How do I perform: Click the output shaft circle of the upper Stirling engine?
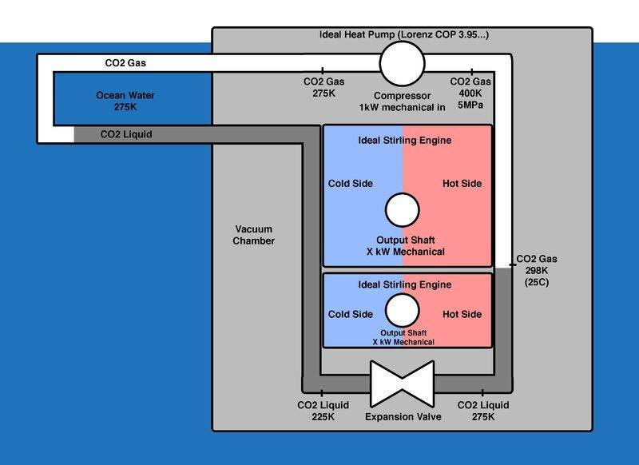point(402,212)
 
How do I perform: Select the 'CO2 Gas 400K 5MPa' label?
point(470,93)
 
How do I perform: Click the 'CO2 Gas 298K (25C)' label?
point(538,271)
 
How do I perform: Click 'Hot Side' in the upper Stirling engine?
point(462,184)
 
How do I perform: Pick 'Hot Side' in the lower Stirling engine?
point(462,314)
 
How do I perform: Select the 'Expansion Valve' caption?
point(400,417)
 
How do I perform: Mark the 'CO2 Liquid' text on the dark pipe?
point(129,135)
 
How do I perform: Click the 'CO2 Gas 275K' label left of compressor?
point(323,87)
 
